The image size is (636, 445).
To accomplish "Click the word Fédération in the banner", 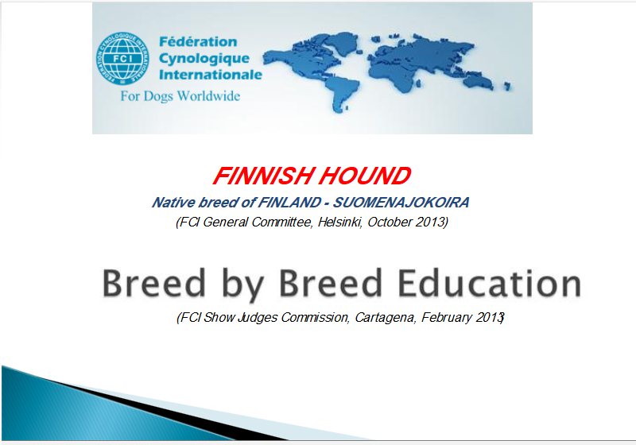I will pyautogui.click(x=198, y=42).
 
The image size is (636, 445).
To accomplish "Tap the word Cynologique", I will pyautogui.click(x=204, y=59).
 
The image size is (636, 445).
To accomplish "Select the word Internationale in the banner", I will pyautogui.click(x=211, y=75).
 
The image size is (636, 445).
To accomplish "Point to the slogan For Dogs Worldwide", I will pyautogui.click(x=180, y=96).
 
